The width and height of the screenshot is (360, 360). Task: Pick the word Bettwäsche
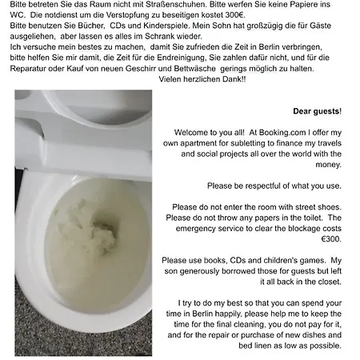pos(195,69)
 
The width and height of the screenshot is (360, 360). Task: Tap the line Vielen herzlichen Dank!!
pos(202,79)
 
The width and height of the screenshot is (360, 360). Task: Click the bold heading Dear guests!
pos(317,111)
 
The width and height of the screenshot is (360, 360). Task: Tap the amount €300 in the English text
pos(331,239)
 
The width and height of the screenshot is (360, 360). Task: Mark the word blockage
pos(305,229)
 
